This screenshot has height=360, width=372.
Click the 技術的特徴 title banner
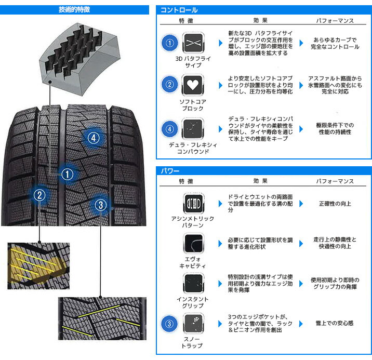(74, 9)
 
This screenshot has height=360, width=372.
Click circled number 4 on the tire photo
(93, 138)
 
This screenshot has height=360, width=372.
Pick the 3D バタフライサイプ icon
(193, 42)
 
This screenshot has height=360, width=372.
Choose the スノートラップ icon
(193, 324)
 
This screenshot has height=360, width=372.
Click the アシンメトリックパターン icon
(193, 202)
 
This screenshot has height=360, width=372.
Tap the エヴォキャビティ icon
(193, 243)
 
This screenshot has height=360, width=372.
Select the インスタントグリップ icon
(193, 283)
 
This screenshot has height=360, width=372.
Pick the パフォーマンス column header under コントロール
(335, 21)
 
